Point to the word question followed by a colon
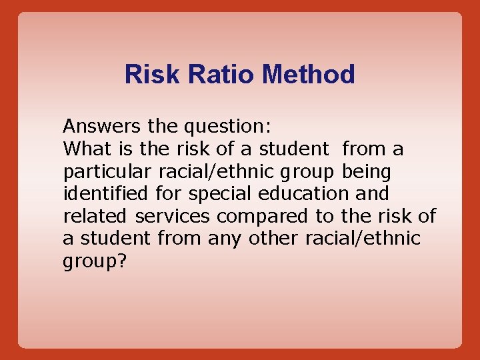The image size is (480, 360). pyautogui.click(x=227, y=127)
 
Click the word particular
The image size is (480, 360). pyautogui.click(x=108, y=171)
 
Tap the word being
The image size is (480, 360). pyautogui.click(x=366, y=171)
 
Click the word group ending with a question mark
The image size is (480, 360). pyautogui.click(x=94, y=261)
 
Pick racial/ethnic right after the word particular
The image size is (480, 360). pyautogui.click(x=216, y=171)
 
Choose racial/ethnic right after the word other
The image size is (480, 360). pyautogui.click(x=363, y=238)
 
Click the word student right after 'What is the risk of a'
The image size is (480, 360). pyautogui.click(x=294, y=148)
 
